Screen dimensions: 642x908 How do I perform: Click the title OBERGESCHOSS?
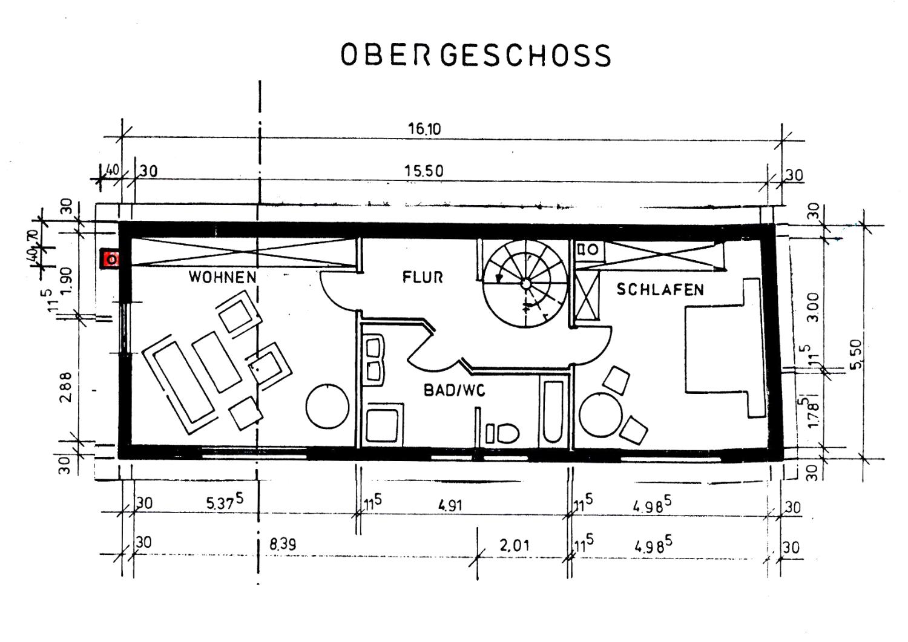pyautogui.click(x=476, y=56)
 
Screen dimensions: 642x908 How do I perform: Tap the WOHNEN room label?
pyautogui.click(x=223, y=277)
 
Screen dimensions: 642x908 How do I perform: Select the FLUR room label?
pyautogui.click(x=423, y=277)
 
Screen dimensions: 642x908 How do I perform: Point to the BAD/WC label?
pyautogui.click(x=454, y=391)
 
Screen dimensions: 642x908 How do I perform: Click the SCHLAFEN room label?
pyautogui.click(x=660, y=290)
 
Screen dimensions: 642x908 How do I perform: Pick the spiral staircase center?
pyautogui.click(x=526, y=283)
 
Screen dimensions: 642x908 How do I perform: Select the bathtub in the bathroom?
pyautogui.click(x=553, y=411)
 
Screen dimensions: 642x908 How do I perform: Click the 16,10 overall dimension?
pyautogui.click(x=424, y=129)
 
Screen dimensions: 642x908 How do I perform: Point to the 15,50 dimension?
pyautogui.click(x=424, y=171)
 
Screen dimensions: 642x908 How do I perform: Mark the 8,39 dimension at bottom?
pyautogui.click(x=283, y=545)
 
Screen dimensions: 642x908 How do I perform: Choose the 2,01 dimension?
pyautogui.click(x=514, y=546)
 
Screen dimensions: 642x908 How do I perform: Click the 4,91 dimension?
pyautogui.click(x=450, y=505)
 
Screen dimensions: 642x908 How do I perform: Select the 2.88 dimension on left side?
pyautogui.click(x=66, y=386)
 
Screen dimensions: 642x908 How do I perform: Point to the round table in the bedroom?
pyautogui.click(x=601, y=415)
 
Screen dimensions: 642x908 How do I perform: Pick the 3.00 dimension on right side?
pyautogui.click(x=814, y=307)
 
